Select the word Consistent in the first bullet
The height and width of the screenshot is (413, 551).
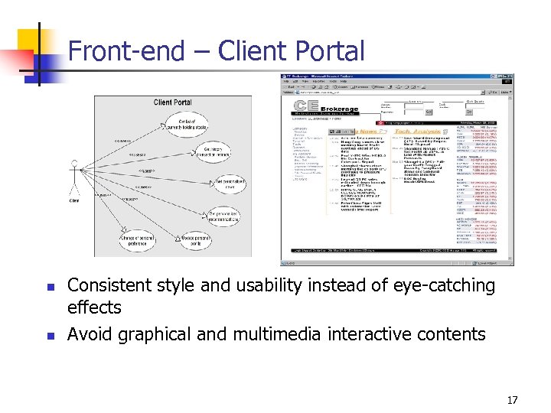coord(110,285)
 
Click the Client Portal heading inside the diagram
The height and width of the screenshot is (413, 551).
coord(173,102)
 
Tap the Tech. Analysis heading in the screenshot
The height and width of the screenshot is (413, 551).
coord(418,132)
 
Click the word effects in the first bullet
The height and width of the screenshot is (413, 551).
coord(94,307)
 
